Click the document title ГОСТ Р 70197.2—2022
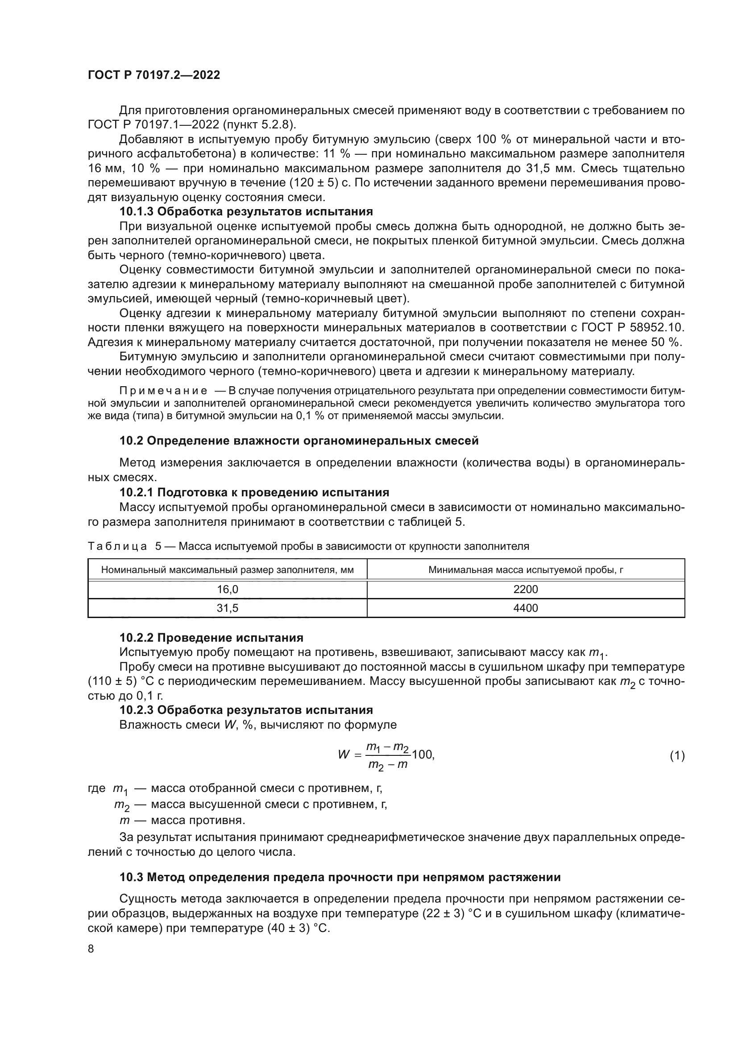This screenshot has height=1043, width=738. click(x=153, y=75)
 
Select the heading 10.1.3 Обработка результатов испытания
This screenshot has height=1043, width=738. click(x=246, y=212)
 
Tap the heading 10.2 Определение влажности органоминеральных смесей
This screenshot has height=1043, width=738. click(x=299, y=441)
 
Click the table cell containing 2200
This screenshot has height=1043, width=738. click(x=525, y=590)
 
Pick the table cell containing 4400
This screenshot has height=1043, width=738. click(x=525, y=608)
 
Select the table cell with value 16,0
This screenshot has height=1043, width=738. click(x=227, y=590)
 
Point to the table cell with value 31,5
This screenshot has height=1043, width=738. click(x=227, y=608)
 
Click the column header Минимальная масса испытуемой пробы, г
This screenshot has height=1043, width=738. click(x=525, y=569)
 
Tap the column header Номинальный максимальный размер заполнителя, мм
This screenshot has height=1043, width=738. click(x=227, y=569)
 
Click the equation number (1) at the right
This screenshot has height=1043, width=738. click(x=677, y=756)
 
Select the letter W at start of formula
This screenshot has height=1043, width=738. click(x=344, y=755)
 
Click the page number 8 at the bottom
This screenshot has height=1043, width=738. click(x=91, y=949)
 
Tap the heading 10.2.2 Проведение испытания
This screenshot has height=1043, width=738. click(x=211, y=638)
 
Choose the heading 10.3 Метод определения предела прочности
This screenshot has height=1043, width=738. click(x=340, y=877)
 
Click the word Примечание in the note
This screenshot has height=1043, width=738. click(x=163, y=391)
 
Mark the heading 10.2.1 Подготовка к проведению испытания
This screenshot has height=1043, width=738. click(x=254, y=492)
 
